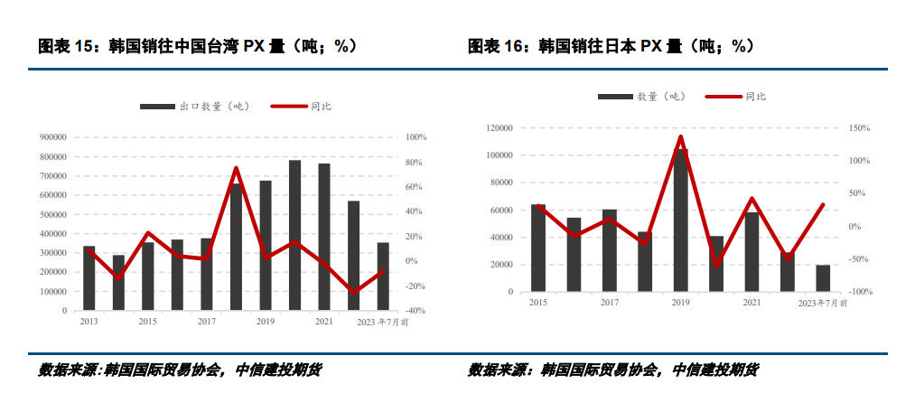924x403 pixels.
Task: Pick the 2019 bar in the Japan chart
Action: click(x=680, y=220)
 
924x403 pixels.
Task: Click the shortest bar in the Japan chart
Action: click(x=823, y=278)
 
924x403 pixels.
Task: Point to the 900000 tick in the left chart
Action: click(x=52, y=137)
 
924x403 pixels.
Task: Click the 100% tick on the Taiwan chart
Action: click(x=416, y=137)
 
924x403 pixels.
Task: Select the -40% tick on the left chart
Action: click(x=415, y=310)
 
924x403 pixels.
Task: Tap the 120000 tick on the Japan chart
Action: click(x=499, y=128)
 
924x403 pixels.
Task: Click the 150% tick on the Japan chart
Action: click(x=858, y=128)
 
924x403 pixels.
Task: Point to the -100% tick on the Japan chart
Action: click(x=858, y=292)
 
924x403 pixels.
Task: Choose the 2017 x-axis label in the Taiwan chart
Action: click(x=207, y=322)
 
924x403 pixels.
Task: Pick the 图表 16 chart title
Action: click(x=611, y=45)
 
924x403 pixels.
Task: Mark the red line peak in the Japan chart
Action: click(x=680, y=136)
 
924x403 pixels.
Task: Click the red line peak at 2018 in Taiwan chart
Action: click(x=236, y=168)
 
